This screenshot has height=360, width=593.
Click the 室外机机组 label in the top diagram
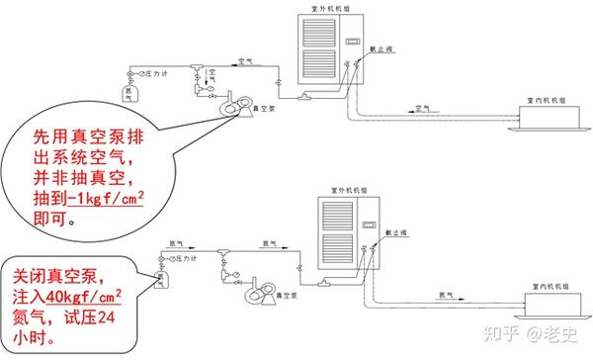click(x=325, y=8)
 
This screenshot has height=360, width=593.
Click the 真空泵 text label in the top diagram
click(x=263, y=108)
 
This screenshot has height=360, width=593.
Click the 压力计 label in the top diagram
click(x=153, y=73)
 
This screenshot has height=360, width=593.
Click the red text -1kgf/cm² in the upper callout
click(x=84, y=202)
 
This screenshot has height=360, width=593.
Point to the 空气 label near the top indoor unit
click(x=422, y=108)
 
